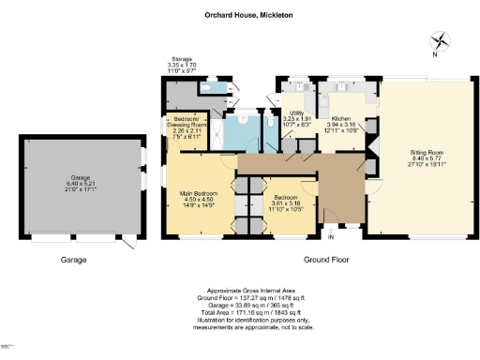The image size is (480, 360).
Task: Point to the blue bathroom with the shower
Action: [x=246, y=131]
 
